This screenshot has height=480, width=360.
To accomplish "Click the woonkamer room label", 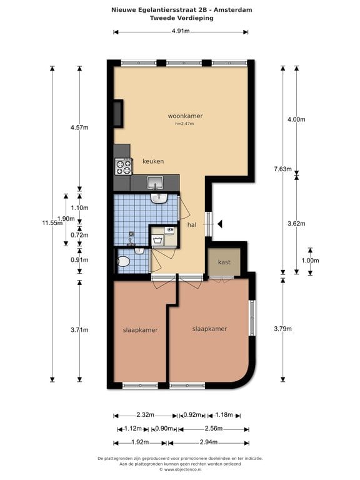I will click(185, 116).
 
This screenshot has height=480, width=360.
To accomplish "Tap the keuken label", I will click(153, 161).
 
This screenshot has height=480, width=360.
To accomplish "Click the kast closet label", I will click(224, 262).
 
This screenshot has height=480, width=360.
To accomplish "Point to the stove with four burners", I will click(123, 166).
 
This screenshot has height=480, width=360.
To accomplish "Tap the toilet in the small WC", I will click(124, 262).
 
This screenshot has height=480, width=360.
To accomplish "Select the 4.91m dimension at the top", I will click(181, 32).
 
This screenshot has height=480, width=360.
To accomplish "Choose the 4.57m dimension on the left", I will click(79, 127).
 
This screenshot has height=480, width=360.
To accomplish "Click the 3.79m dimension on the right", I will click(283, 330).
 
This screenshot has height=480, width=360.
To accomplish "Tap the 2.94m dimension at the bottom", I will click(208, 442).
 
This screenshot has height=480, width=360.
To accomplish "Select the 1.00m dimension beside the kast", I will click(311, 261).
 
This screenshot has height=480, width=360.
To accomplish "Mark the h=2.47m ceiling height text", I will click(185, 124).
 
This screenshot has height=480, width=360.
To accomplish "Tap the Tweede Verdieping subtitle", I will click(181, 18).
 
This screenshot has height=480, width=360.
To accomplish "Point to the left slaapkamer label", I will click(139, 330).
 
